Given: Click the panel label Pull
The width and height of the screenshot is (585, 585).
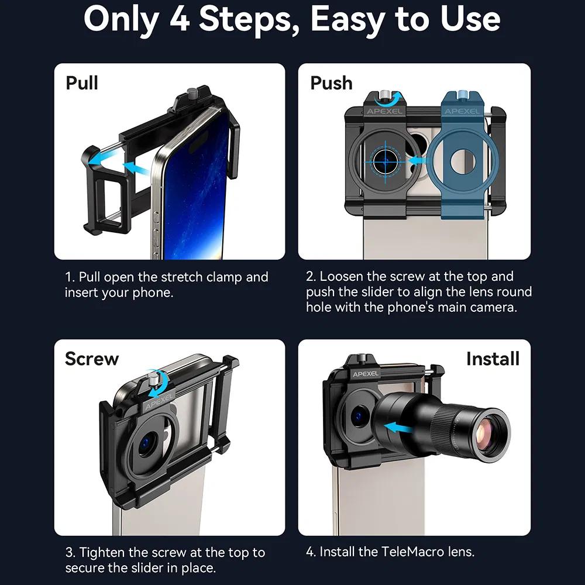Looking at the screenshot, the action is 82,83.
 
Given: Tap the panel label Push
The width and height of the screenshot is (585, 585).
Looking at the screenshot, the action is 331,83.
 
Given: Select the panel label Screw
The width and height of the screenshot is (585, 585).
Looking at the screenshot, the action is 92,359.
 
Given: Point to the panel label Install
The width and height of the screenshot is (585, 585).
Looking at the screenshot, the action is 493,359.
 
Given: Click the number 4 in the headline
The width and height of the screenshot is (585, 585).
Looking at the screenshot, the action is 180,19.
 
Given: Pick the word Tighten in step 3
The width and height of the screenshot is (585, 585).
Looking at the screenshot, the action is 104,553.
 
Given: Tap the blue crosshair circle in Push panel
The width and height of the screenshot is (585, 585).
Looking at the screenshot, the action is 386,161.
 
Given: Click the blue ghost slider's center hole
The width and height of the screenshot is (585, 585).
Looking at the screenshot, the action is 463,162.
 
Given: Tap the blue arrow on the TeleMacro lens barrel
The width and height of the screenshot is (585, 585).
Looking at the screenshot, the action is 398,428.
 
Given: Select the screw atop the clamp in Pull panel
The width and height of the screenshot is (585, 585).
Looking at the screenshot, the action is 192,93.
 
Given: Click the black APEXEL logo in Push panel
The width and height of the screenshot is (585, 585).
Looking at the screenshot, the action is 384,111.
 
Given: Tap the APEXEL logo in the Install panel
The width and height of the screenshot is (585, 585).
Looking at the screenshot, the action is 365,374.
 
